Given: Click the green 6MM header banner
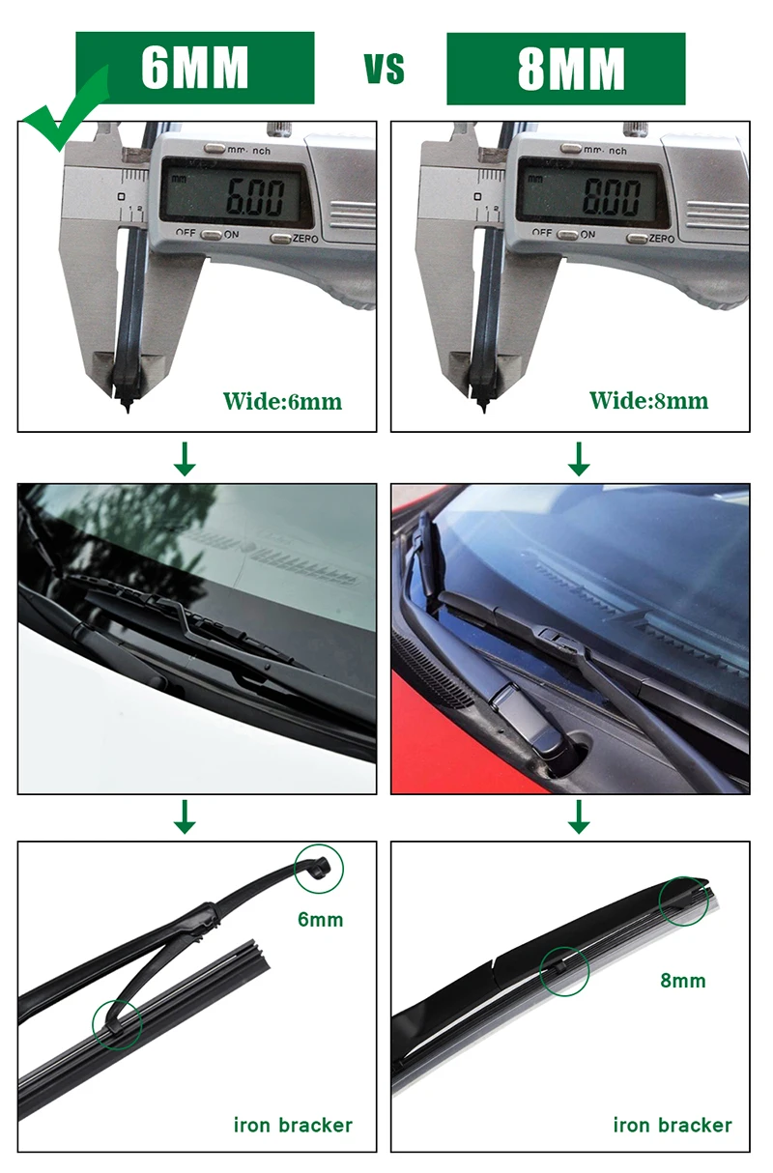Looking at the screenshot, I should pyautogui.click(x=195, y=68).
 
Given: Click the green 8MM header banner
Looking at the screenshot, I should pyautogui.click(x=566, y=69).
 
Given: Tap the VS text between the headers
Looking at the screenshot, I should pyautogui.click(x=384, y=70).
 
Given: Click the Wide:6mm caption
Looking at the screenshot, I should pyautogui.click(x=282, y=401).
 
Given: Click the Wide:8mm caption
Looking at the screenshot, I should pyautogui.click(x=648, y=401).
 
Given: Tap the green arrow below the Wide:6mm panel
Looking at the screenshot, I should pyautogui.click(x=184, y=458).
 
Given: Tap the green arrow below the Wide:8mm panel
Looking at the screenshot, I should pyautogui.click(x=578, y=458).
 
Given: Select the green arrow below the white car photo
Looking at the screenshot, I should pyautogui.click(x=184, y=816).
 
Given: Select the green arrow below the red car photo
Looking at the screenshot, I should pyautogui.click(x=578, y=816).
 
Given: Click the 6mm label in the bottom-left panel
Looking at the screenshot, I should pyautogui.click(x=320, y=919).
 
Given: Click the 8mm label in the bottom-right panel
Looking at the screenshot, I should pyautogui.click(x=683, y=981).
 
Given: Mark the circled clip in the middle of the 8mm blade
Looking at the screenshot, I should pyautogui.click(x=564, y=970).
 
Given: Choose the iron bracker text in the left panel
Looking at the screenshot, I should pyautogui.click(x=293, y=1125).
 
